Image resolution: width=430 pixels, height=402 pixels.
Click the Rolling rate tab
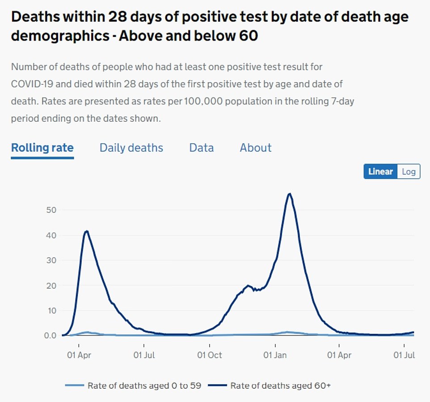point(42,148)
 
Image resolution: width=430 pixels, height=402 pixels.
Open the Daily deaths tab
point(131,148)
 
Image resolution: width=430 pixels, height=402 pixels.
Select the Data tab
point(201,148)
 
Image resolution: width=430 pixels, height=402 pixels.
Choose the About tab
point(255,148)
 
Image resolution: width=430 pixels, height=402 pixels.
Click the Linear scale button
point(380,171)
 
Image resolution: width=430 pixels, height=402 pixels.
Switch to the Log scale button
point(409,171)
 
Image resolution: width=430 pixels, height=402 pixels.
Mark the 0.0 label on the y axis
point(50,336)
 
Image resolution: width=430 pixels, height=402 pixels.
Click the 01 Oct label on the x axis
point(209,355)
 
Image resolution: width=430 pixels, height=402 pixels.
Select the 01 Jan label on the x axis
point(274,355)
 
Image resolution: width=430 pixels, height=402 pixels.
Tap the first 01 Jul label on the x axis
point(144,355)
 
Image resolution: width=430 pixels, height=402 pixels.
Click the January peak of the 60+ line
point(290,194)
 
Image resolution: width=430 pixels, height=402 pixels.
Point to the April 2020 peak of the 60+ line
point(86,231)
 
